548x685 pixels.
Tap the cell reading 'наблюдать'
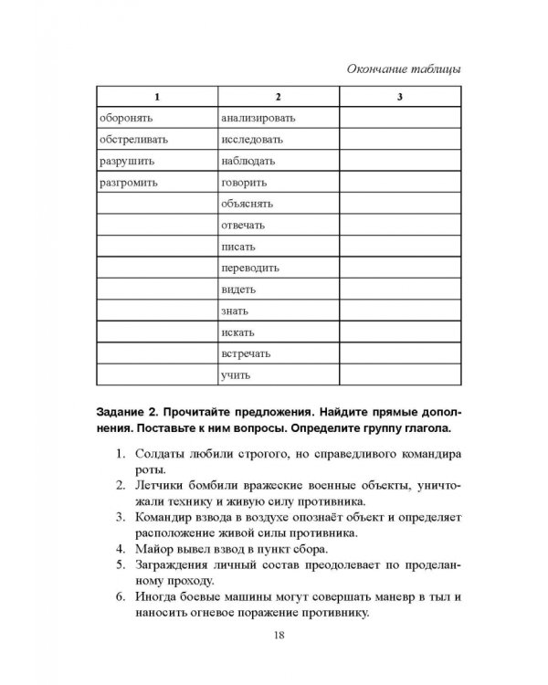(248, 161)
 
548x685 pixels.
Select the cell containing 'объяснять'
(247, 204)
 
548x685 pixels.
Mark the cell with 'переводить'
(249, 269)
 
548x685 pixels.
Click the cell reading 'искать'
(237, 333)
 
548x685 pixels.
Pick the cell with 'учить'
(235, 375)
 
